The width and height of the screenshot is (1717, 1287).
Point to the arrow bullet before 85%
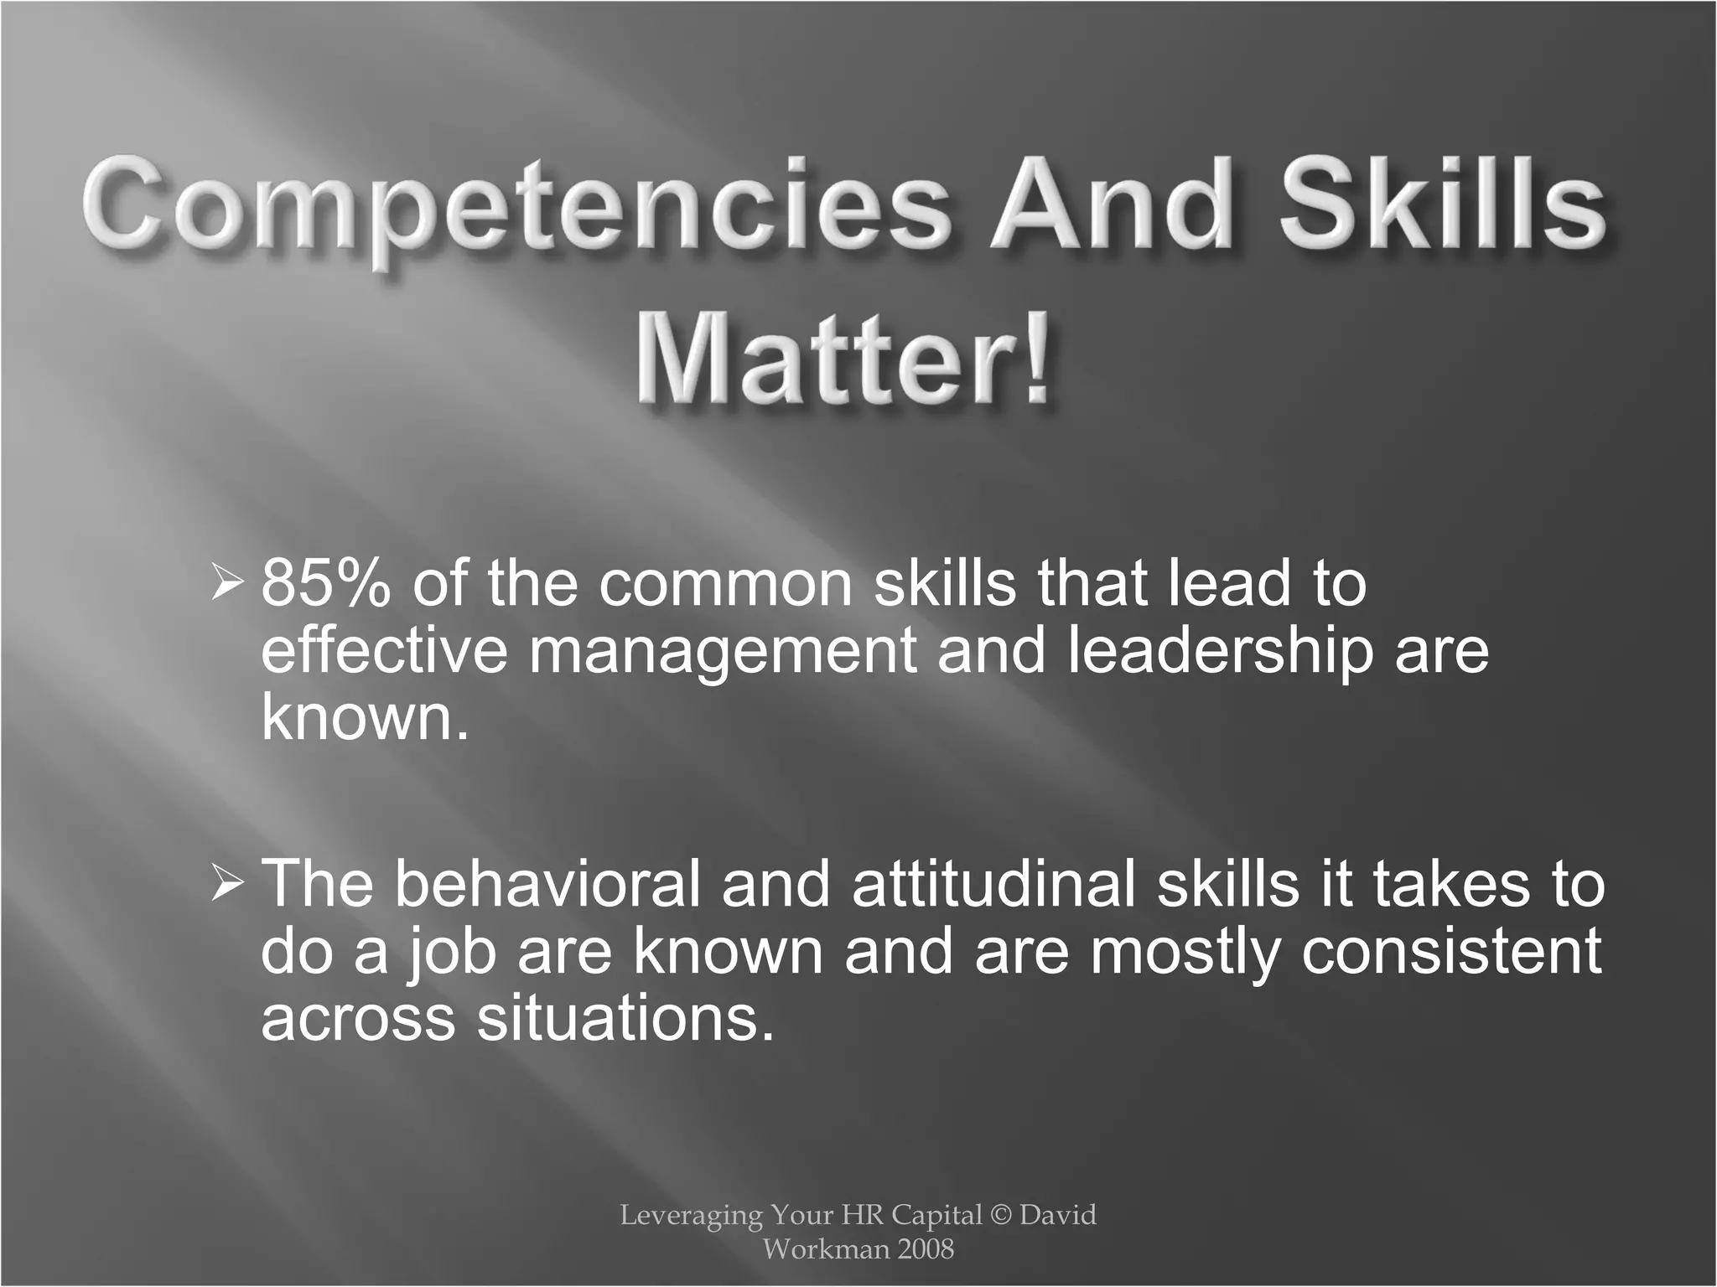(227, 582)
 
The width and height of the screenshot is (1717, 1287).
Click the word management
(722, 652)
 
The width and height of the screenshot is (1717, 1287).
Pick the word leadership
(1220, 652)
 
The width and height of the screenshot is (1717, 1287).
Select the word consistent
(1451, 952)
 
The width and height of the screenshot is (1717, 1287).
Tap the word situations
(625, 1019)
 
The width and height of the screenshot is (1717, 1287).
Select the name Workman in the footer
(814, 1249)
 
